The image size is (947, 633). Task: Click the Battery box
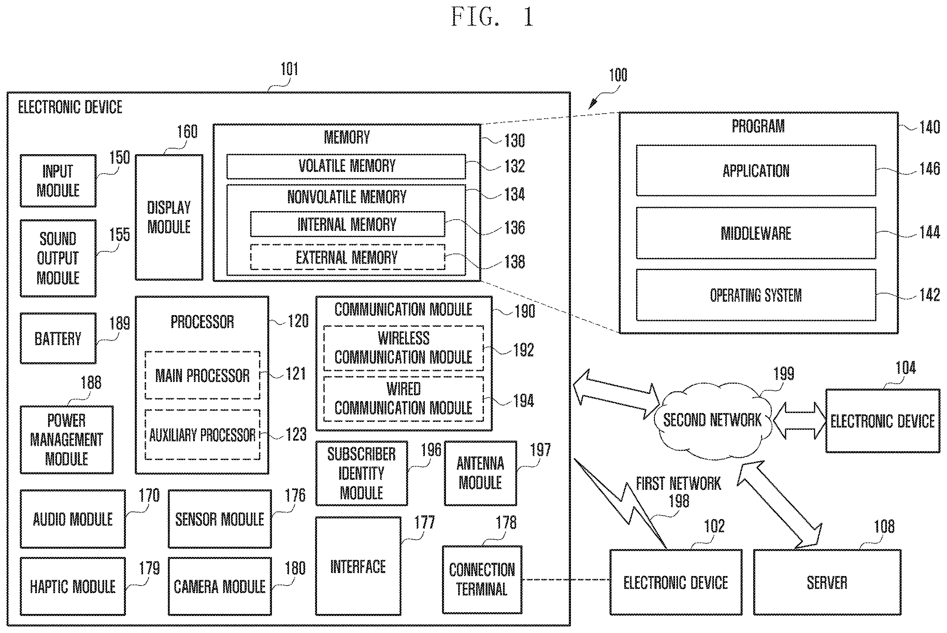tap(58, 338)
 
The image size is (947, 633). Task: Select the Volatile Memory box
tap(346, 166)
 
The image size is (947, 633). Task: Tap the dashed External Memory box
tap(348, 257)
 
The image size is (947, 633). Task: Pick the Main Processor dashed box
tap(202, 376)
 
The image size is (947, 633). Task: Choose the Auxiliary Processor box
tap(202, 435)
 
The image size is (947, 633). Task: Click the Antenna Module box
tap(480, 473)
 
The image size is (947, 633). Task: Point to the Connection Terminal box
tap(482, 580)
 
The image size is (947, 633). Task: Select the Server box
tap(827, 582)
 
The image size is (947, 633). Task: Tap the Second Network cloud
tap(713, 420)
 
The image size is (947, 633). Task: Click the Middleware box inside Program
tap(756, 233)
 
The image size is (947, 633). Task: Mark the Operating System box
tap(756, 295)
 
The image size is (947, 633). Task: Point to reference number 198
tap(679, 501)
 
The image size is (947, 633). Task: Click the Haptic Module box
tap(73, 586)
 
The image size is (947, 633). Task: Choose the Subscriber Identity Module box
tap(361, 473)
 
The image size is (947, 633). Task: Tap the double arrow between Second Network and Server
tap(779, 505)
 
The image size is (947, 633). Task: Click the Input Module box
tap(58, 181)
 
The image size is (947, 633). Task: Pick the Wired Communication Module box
tap(403, 399)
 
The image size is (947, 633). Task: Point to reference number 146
tap(930, 169)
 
